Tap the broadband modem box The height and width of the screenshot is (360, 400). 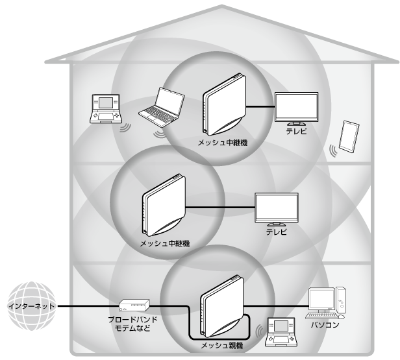coord(135,304)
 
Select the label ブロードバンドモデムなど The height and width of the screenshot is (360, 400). coord(134,324)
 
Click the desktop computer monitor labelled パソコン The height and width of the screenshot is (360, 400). coord(322,299)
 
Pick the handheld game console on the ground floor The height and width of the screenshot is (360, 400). coord(281,329)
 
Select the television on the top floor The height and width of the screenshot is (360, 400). coord(295,107)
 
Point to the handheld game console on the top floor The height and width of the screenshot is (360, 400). coord(106,108)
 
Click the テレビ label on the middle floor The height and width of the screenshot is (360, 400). coord(276,232)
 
